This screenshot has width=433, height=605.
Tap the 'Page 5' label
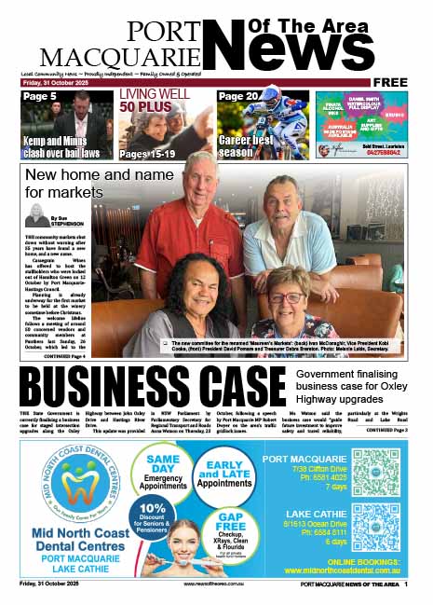pos(40,97)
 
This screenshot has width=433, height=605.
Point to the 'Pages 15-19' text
pos(152,152)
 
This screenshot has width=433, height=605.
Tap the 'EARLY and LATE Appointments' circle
pos(224,474)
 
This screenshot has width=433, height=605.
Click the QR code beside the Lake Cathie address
pos(376,527)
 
